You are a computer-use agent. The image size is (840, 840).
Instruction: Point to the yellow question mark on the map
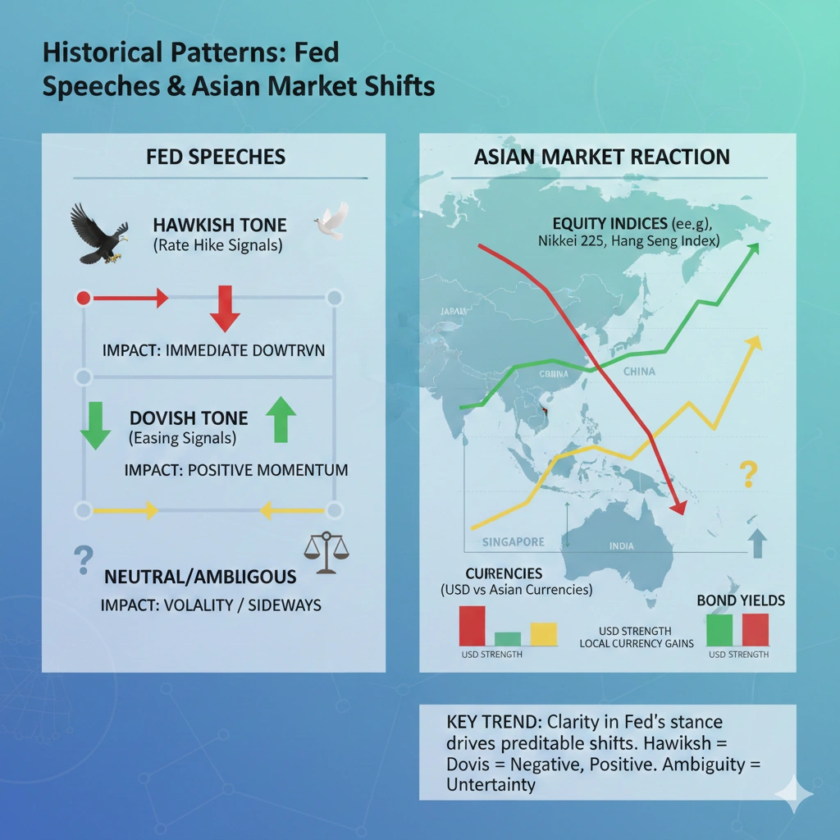[x=746, y=474]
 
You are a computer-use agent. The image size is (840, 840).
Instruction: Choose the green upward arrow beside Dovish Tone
[x=281, y=418]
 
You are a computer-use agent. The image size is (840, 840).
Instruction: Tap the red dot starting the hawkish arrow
[x=83, y=298]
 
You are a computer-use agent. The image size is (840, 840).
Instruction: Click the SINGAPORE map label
[x=513, y=542]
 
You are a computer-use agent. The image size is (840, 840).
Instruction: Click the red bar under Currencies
[x=472, y=625]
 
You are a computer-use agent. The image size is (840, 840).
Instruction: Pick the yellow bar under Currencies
[x=543, y=633]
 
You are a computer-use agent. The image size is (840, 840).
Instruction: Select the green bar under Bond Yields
[x=719, y=629]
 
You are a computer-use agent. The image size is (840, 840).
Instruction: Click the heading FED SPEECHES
[x=216, y=157]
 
